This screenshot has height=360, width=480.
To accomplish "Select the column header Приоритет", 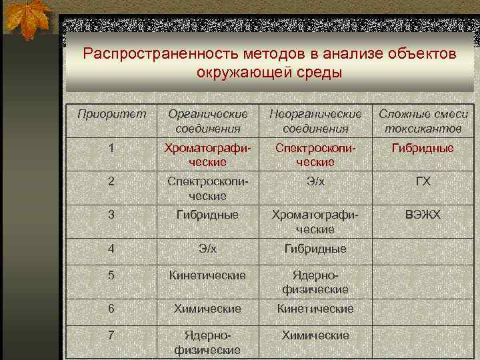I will [x=111, y=114].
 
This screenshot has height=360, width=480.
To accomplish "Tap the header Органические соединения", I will [x=207, y=121].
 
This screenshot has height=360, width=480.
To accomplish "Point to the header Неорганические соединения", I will [x=315, y=121].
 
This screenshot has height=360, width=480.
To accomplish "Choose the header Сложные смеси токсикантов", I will [x=423, y=121].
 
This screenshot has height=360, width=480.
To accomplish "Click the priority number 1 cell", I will [x=111, y=148].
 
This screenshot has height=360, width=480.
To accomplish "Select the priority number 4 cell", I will [x=111, y=249].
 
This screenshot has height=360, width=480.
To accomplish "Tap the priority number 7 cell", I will [x=111, y=335].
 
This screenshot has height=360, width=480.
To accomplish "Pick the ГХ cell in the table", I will [x=423, y=182].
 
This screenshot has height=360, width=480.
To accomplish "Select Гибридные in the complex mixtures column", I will [x=423, y=148].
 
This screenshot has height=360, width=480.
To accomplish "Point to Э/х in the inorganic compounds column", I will [x=315, y=182].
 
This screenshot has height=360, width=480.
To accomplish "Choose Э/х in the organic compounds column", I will [x=207, y=249].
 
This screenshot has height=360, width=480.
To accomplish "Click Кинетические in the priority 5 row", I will [x=207, y=275].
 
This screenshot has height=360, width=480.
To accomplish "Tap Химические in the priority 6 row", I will [x=207, y=309].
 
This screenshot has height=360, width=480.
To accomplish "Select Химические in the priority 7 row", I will [x=315, y=335].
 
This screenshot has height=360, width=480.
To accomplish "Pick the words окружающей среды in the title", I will [x=269, y=72].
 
